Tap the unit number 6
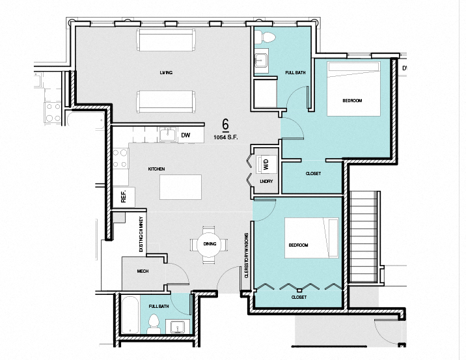pyautogui.click(x=225, y=124)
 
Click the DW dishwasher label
pyautogui.click(x=185, y=135)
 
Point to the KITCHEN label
pyautogui.click(x=156, y=169)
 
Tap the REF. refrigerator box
pyautogui.click(x=123, y=197)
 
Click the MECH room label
pyautogui.click(x=143, y=271)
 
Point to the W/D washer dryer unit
pyautogui.click(x=265, y=164)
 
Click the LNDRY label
pyautogui.click(x=266, y=182)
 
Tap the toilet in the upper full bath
pyautogui.click(x=266, y=36)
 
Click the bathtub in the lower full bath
pyautogui.click(x=129, y=316)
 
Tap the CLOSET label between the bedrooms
pyautogui.click(x=313, y=174)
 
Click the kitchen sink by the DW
pyautogui.click(x=168, y=134)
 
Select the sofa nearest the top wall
pyautogui.click(x=165, y=40)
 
